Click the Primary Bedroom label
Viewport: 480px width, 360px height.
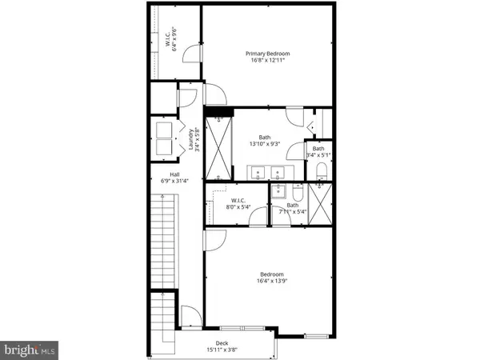click(x=267, y=54)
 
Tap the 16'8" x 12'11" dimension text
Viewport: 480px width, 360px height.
click(x=267, y=62)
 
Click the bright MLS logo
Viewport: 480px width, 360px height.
click(x=29, y=349)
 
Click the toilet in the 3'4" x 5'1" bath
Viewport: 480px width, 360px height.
click(x=320, y=170)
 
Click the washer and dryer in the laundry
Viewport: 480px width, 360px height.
click(x=165, y=138)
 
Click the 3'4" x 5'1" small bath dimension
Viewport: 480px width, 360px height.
click(x=318, y=157)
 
